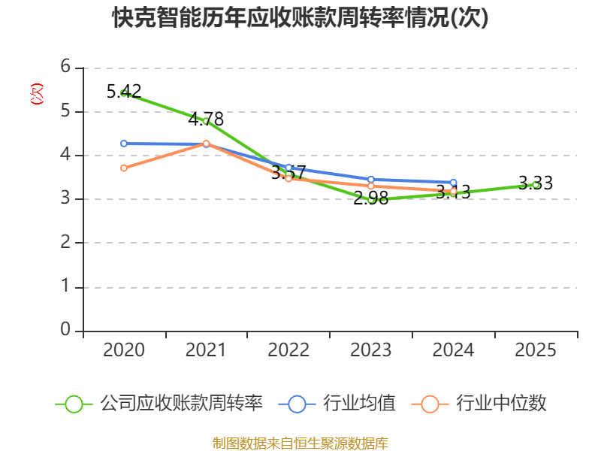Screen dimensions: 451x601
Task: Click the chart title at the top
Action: tap(300, 18)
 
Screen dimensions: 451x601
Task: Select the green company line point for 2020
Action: tap(124, 93)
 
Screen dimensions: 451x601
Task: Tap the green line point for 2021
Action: tap(206, 120)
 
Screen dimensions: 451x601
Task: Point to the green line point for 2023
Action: tap(371, 199)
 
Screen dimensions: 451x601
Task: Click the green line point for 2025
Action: tap(536, 184)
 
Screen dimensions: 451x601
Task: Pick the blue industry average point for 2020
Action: tap(124, 144)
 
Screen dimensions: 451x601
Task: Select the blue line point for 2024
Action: tap(453, 183)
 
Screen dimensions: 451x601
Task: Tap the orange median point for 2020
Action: tap(124, 168)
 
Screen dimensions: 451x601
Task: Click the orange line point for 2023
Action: tap(371, 186)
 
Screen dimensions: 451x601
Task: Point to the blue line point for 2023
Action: tap(371, 179)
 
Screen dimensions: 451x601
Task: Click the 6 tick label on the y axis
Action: tap(66, 68)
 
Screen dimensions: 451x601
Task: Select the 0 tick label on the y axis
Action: tap(66, 330)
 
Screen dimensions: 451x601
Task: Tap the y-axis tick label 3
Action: tap(66, 199)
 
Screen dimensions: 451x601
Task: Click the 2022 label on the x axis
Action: tap(288, 350)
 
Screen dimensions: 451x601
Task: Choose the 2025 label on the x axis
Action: tap(536, 350)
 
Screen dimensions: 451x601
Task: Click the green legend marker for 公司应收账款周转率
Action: tap(74, 404)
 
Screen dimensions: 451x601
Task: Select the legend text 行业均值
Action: tap(359, 404)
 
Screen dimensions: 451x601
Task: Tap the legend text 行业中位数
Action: tap(501, 404)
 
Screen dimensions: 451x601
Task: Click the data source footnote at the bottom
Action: tap(300, 443)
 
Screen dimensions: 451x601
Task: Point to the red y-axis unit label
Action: tap(36, 95)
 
